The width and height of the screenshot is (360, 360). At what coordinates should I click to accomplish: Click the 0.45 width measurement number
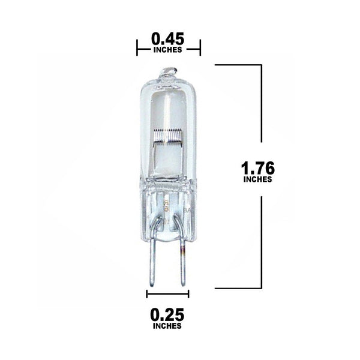[167, 39]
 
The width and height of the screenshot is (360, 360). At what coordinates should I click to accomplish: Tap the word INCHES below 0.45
[168, 50]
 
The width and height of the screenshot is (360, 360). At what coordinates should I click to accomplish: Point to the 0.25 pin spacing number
[168, 314]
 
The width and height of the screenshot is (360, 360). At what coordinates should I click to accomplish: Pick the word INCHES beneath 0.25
[168, 327]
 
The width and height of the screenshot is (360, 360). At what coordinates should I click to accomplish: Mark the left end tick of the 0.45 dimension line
[137, 47]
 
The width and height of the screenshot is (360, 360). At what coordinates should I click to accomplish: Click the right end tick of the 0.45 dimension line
[200, 47]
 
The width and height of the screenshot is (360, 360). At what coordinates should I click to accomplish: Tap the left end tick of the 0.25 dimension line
[147, 293]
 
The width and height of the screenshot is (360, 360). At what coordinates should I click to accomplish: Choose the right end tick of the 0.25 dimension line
[188, 293]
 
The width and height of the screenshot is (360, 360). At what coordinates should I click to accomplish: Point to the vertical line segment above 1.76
[261, 108]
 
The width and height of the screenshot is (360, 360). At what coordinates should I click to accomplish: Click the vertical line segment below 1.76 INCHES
[261, 240]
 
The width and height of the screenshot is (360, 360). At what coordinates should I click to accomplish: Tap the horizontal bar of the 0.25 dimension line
[168, 293]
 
